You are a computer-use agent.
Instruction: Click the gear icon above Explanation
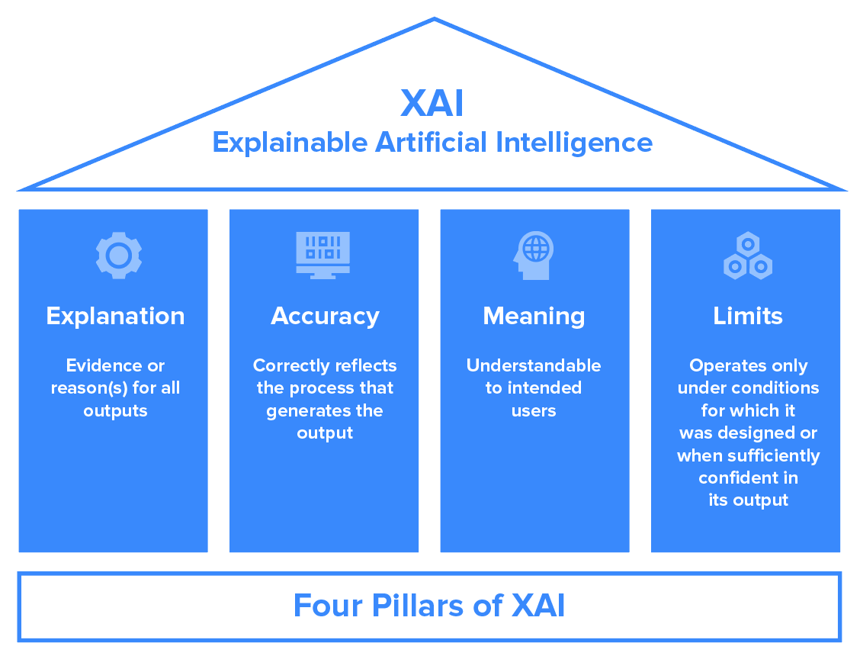pos(118,256)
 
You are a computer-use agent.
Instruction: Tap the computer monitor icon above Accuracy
pos(323,255)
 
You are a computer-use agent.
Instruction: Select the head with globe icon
pos(533,255)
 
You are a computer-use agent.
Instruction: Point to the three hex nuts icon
pos(747,256)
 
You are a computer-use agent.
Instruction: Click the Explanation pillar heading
pos(115,316)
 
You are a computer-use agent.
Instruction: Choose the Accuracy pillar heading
pos(325,316)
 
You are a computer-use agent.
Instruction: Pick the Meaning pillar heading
pos(534,316)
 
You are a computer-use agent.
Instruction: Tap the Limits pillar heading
pos(748,316)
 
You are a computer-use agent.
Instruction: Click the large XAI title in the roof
pos(432,103)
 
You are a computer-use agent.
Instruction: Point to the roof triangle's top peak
pos(434,21)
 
